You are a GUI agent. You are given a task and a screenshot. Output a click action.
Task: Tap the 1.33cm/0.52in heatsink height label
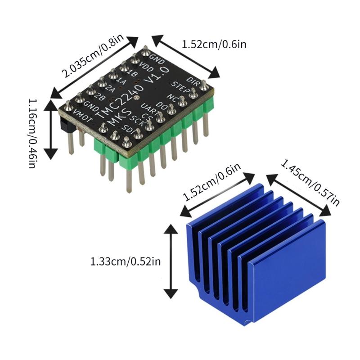tap(125, 261)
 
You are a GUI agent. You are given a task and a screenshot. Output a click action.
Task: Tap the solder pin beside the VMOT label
tap(67, 107)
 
